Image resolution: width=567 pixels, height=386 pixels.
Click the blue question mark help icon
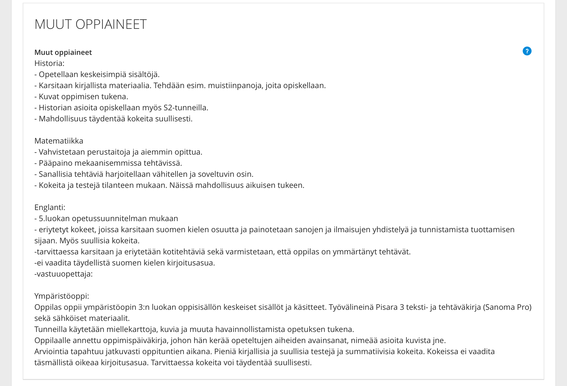click(527, 51)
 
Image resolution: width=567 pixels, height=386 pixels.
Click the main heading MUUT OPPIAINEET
click(90, 24)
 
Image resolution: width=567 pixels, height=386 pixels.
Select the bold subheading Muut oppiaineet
click(63, 52)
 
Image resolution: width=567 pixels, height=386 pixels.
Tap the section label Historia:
click(49, 63)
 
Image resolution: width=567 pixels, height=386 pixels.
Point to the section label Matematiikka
click(59, 141)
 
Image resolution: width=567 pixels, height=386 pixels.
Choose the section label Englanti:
click(50, 208)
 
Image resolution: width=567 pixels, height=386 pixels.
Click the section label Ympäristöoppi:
click(62, 296)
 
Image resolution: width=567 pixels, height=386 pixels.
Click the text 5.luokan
click(54, 219)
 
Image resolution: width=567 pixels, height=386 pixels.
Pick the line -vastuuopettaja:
click(63, 274)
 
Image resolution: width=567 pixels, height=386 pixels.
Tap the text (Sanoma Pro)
click(507, 307)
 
